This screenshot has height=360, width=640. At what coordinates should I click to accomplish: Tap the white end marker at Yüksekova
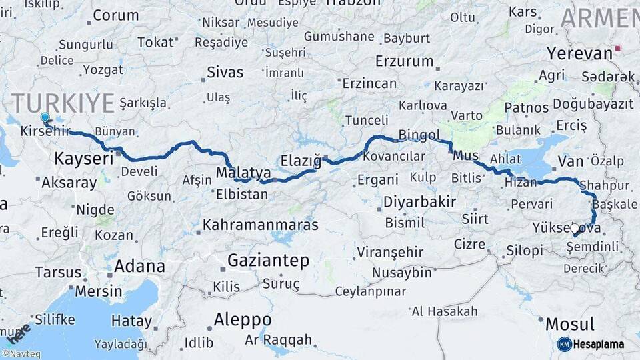(575, 228)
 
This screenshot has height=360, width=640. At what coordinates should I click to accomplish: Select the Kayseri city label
(83, 159)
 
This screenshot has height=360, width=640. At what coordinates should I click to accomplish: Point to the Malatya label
(243, 173)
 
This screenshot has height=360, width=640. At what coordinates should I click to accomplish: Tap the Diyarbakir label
(419, 201)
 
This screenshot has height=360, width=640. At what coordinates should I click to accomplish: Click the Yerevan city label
(579, 53)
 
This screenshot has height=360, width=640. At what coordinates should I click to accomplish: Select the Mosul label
(570, 325)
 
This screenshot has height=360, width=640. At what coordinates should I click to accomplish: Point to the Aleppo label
(243, 319)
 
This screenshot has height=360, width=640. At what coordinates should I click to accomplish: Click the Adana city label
(139, 266)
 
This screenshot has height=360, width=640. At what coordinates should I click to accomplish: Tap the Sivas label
(225, 72)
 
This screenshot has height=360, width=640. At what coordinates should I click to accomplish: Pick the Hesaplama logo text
(599, 344)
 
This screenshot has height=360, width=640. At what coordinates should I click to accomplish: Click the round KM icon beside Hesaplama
(565, 344)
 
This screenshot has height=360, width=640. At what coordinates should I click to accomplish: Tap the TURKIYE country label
(63, 103)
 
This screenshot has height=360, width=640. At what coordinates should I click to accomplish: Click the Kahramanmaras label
(261, 225)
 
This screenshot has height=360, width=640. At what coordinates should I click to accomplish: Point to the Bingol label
(419, 135)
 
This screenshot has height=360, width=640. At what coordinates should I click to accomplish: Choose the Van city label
(571, 161)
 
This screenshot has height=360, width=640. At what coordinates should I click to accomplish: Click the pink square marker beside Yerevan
(619, 48)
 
